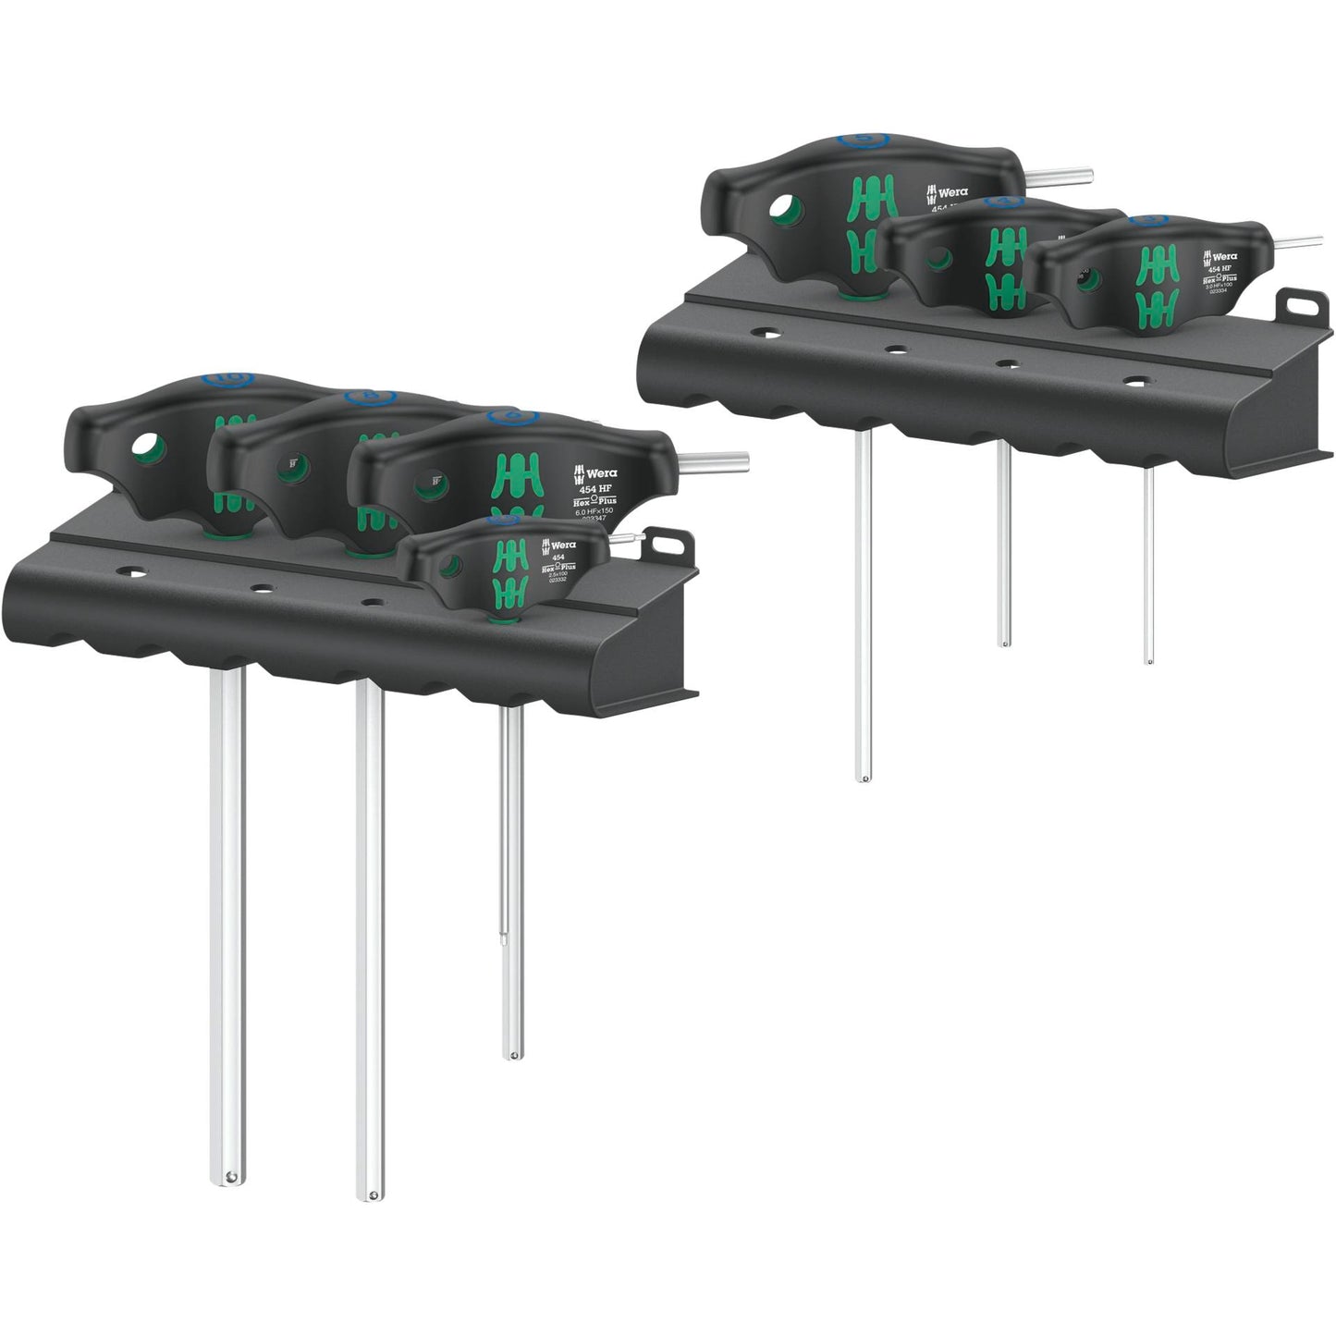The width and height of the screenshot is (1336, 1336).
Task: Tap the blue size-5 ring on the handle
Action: pyautogui.click(x=863, y=141)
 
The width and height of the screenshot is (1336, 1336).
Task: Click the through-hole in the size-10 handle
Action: pyautogui.click(x=143, y=447)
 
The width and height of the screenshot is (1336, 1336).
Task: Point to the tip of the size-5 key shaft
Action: pyautogui.click(x=864, y=777)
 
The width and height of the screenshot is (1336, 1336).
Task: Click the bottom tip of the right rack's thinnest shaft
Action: pyautogui.click(x=1148, y=660)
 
